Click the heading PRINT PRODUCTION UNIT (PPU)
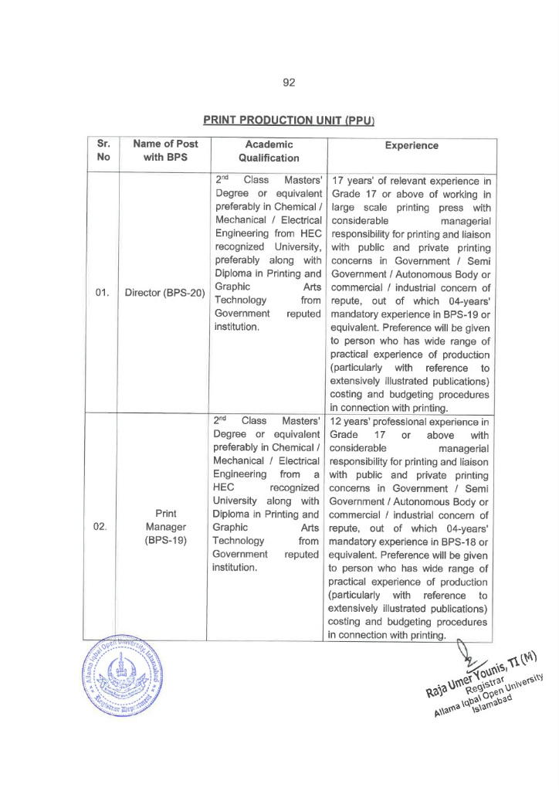click(289, 121)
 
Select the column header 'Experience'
click(411, 145)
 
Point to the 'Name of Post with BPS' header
click(165, 151)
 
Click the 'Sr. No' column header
click(103, 151)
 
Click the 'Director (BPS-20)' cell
click(164, 294)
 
